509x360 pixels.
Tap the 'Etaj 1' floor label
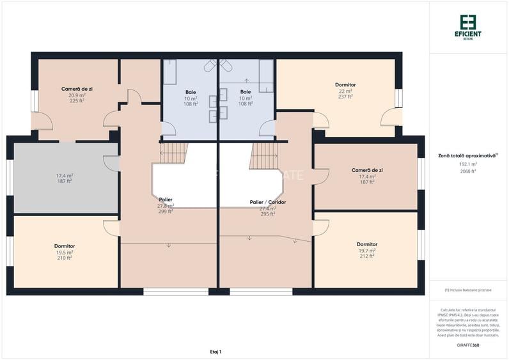coord(215,352)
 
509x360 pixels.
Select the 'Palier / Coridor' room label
coord(268,202)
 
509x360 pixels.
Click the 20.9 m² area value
coord(77,95)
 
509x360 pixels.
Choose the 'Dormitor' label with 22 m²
coord(345,84)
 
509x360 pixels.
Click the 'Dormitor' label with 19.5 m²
coord(65,246)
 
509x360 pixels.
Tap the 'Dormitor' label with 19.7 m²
coord(366,244)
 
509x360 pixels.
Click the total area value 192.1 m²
coord(467,164)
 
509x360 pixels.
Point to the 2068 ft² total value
coord(467,171)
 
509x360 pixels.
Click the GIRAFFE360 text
coord(468,345)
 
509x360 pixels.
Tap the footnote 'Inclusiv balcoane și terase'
coord(468,290)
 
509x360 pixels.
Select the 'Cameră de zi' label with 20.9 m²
coord(77,88)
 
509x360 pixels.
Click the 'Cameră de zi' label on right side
coord(367,170)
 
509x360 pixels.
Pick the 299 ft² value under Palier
coord(165,211)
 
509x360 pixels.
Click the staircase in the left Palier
coord(173,152)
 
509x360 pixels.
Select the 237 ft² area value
coord(345,97)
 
